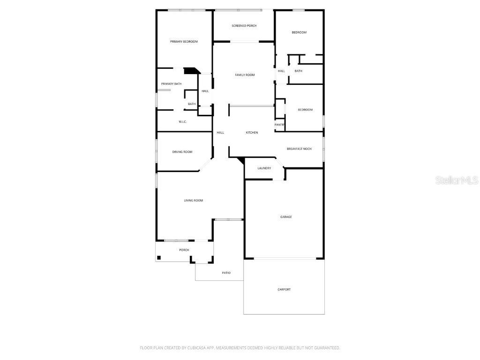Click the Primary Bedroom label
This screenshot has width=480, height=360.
coord(184,42)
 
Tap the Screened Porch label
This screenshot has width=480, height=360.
coord(244,26)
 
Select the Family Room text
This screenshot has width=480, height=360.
coord(245,75)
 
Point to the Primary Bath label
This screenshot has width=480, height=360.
coord(171,84)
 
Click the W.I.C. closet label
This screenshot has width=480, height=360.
coord(183,122)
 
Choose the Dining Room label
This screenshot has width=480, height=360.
coord(182,152)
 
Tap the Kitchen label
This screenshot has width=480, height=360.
coord(252,133)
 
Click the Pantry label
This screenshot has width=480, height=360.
coord(279,125)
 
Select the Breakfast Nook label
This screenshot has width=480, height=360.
coord(299,149)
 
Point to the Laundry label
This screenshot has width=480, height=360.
coord(264,168)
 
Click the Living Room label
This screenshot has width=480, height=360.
coord(193,201)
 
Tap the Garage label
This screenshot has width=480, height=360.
coord(286,217)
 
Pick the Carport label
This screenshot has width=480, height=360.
coord(284,290)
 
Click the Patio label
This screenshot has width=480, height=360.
coord(226,273)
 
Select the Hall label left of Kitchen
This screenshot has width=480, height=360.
coord(220,133)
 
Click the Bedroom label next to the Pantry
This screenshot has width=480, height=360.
coord(305,110)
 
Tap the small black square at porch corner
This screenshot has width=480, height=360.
coord(159,257)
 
